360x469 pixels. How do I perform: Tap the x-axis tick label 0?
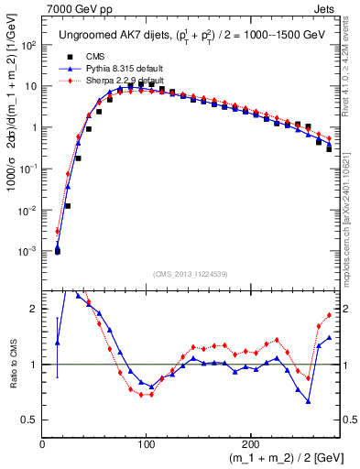click(43, 442)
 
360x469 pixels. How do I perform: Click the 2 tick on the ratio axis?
click(33, 309)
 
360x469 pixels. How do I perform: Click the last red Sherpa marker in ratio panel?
click(329, 315)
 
